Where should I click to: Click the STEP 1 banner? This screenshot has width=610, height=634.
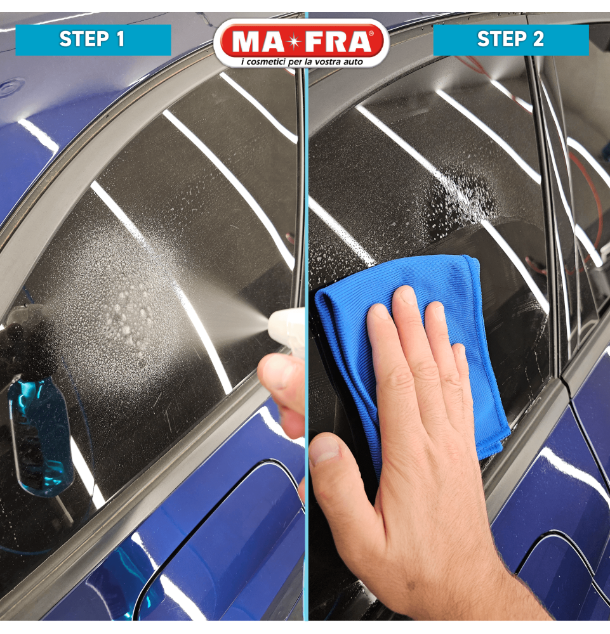coord(93,39)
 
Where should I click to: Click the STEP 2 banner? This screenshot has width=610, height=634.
coord(511,39)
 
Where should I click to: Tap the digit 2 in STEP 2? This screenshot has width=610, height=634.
coord(538,39)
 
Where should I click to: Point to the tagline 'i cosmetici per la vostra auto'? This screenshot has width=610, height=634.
coord(302,62)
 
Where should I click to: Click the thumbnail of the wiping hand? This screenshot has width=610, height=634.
coord(324,450)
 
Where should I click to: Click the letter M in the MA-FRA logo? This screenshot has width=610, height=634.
coord(246,42)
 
